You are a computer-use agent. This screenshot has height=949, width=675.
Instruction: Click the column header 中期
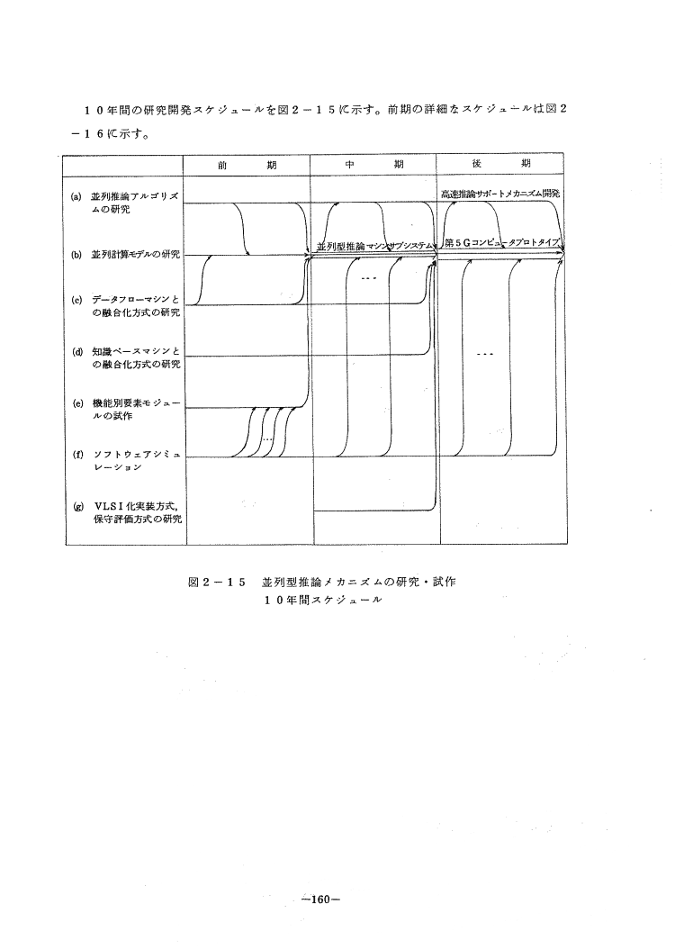(x=373, y=166)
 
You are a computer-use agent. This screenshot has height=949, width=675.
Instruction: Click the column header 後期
(x=499, y=166)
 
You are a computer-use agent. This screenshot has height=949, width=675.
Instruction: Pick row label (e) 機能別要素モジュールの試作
(x=125, y=410)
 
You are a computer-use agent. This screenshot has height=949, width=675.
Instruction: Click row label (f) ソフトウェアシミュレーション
(x=125, y=461)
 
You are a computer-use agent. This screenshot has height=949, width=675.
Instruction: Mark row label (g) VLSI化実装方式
(x=125, y=513)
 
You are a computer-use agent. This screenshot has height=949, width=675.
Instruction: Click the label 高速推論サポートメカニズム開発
(x=500, y=194)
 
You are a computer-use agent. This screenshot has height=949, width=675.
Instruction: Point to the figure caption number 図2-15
(x=217, y=583)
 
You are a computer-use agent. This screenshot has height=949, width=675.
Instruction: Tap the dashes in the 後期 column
(x=485, y=353)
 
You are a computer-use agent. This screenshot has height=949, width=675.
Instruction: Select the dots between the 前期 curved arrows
(x=267, y=438)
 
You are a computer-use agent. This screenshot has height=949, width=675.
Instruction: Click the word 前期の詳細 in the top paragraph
(x=425, y=109)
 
